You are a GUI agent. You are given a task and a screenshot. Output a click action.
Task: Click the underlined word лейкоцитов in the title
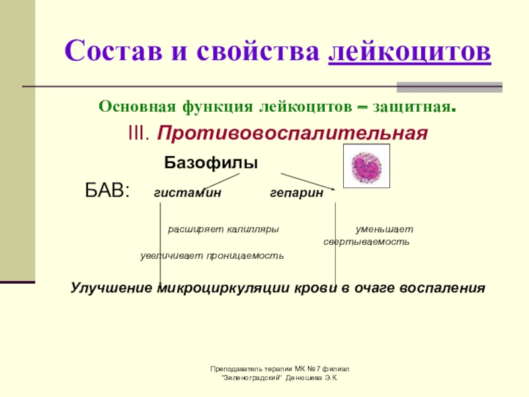[x=409, y=51]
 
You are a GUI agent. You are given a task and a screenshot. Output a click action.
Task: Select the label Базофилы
[x=211, y=163]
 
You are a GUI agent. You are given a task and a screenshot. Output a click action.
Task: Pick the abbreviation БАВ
[x=107, y=192]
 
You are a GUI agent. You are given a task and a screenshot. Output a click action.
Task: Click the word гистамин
[x=188, y=193]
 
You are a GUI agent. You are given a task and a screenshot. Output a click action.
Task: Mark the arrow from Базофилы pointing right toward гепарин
[x=307, y=181]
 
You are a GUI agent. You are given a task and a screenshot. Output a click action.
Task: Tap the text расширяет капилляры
[x=223, y=230]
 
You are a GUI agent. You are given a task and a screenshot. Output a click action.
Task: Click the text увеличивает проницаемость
[x=212, y=255]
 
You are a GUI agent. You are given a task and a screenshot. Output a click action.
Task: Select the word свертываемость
[x=366, y=242]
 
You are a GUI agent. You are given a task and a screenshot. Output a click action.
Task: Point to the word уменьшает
[x=384, y=230]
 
